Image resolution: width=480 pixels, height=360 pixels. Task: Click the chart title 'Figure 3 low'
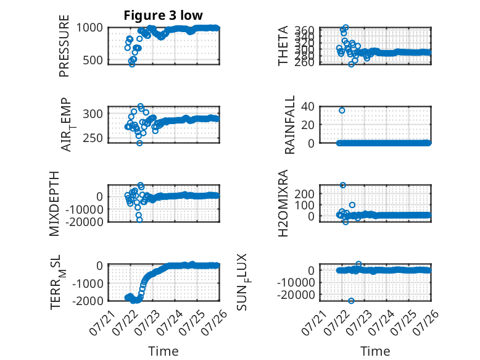[x=163, y=15]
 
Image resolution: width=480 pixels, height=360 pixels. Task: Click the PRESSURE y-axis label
[x=64, y=46]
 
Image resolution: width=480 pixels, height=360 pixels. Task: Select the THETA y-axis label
[x=283, y=46]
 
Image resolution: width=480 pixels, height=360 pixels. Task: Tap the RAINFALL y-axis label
[x=289, y=125]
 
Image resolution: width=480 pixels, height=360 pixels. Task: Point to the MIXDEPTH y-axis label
[x=54, y=204]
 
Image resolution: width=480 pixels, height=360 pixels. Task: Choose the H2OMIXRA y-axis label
[x=283, y=203]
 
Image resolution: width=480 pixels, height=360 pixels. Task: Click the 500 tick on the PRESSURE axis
[x=93, y=60]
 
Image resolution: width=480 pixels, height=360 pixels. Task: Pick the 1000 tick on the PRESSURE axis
[x=89, y=28]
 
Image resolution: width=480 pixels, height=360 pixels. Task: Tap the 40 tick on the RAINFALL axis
[x=308, y=106]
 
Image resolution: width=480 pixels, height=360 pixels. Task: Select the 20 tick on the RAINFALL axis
[x=308, y=125]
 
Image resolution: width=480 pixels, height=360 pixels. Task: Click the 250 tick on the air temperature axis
[x=93, y=138]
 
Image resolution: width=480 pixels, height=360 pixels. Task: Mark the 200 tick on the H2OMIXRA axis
[x=304, y=194]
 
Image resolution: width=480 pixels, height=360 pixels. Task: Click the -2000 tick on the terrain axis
[x=88, y=301]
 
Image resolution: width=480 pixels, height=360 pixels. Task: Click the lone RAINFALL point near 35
[x=342, y=111]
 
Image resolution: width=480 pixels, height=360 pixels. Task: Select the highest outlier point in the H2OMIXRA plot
[x=343, y=185]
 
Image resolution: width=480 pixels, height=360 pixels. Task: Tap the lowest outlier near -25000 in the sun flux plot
[x=351, y=301]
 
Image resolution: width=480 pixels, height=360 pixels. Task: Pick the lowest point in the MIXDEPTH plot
[x=139, y=220]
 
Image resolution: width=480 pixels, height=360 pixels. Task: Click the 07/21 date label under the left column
[x=102, y=323]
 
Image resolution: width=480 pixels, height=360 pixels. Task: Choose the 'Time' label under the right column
[x=375, y=351]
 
